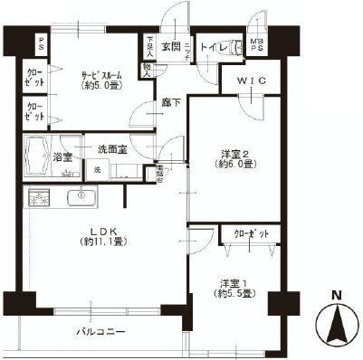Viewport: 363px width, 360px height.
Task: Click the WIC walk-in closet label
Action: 249,81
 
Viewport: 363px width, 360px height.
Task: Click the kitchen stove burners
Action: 39,196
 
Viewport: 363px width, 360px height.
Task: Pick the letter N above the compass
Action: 336,295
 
